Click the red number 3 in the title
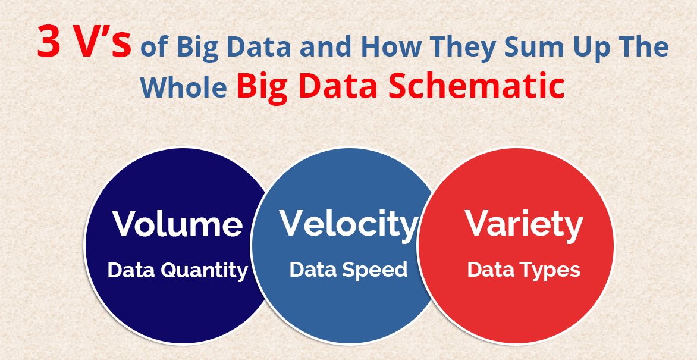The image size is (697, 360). tap(49, 42)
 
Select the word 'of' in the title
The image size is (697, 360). tap(155, 48)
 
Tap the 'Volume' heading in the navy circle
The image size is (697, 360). tap(177, 223)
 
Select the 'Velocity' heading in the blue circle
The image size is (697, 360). tap(348, 223)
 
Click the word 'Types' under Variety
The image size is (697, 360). tap(552, 271)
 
